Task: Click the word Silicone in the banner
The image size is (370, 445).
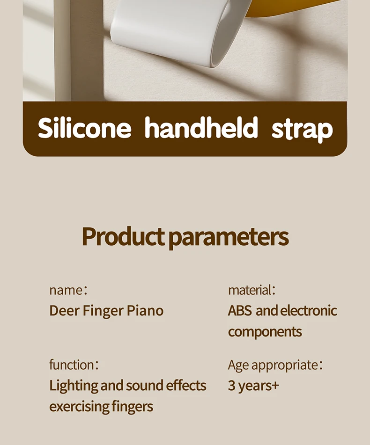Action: coord(84,128)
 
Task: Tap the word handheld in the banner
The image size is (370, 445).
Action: coord(201,127)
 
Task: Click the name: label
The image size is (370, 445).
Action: coord(68,290)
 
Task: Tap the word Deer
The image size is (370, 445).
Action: coord(64,311)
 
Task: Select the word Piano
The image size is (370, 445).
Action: coord(145,311)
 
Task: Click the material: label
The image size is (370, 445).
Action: coord(252,290)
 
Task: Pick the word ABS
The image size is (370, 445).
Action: coord(240,311)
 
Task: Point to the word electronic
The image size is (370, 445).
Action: coord(308,311)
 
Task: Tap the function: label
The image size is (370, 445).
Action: coord(74,365)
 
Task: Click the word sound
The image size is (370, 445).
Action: coord(144,386)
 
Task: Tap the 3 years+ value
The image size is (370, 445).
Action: coord(253,386)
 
